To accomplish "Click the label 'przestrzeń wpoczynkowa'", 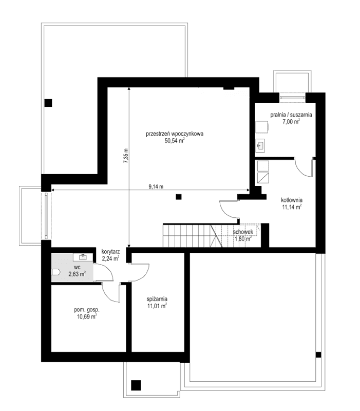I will (175, 133).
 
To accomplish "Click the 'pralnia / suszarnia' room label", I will (291, 115).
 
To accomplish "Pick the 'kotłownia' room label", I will (291, 200).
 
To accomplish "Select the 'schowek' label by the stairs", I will (242, 232).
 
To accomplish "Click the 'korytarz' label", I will (110, 252).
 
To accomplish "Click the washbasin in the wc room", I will (83, 256).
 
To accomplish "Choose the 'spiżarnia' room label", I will (157, 299).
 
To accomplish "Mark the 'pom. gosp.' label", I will (86, 310).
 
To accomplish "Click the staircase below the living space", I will (188, 235).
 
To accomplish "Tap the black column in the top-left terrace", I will (48, 102).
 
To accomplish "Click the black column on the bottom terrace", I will (136, 384).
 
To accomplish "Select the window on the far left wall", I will (46, 215).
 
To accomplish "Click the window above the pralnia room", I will (292, 96).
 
